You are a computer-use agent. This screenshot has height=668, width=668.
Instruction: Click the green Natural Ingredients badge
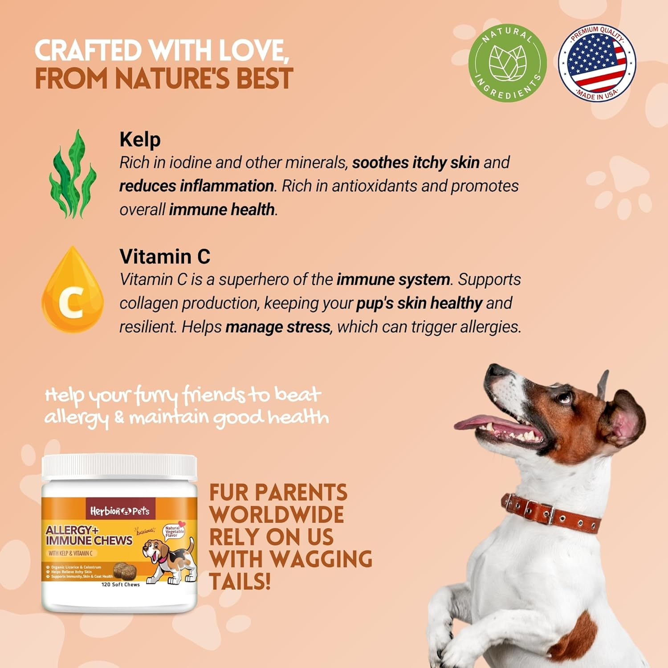(x=508, y=63)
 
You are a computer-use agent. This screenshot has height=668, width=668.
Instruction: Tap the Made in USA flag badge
(x=597, y=63)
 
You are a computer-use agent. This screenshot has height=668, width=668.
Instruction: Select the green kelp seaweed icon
(x=72, y=175)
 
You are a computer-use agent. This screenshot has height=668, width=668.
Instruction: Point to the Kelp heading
(x=140, y=139)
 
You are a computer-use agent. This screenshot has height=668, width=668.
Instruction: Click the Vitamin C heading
(x=165, y=257)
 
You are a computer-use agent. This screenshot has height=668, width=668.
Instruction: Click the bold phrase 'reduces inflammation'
(x=196, y=186)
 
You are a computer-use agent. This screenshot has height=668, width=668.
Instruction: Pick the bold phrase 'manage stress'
(x=278, y=327)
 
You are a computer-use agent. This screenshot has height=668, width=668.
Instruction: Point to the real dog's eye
(x=565, y=397)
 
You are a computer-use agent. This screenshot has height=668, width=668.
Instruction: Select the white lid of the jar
(x=119, y=468)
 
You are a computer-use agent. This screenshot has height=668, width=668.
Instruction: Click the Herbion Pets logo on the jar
(x=119, y=511)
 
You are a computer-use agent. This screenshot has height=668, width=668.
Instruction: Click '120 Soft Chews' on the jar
(x=121, y=585)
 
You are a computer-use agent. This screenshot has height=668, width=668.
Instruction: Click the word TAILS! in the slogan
(x=240, y=582)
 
